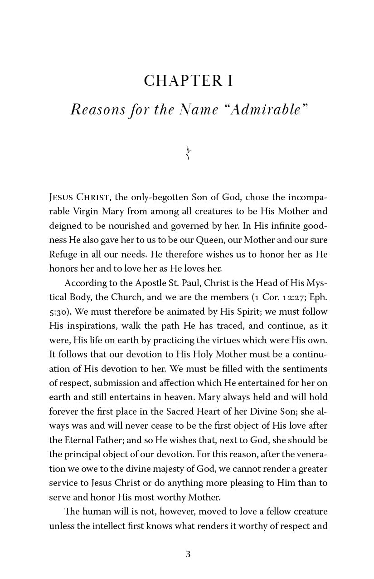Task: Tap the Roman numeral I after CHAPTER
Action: (x=229, y=81)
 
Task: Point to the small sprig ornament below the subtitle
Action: (x=187, y=153)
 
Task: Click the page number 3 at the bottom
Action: (x=188, y=554)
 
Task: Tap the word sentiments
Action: (x=303, y=369)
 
